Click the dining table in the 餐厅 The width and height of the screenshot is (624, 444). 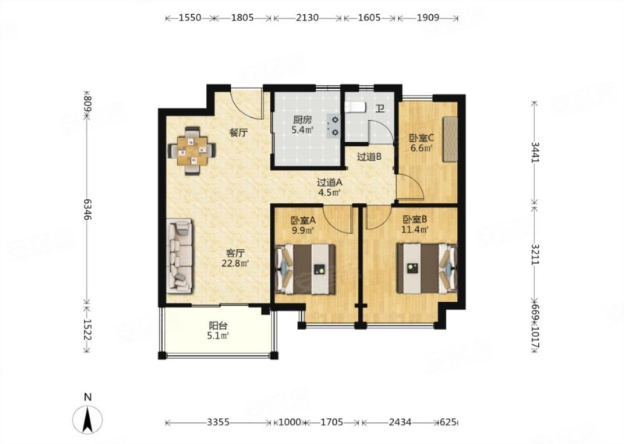(x=193, y=151)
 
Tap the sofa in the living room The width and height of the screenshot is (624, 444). (x=179, y=256)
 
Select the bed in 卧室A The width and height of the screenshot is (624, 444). (x=305, y=269)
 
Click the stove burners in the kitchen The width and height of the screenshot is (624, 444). (x=334, y=126)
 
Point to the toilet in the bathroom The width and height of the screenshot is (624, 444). (x=354, y=107)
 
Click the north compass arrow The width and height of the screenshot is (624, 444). (x=87, y=419)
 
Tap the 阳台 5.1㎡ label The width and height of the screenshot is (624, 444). (x=218, y=331)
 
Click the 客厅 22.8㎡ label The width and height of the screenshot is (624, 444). (x=236, y=258)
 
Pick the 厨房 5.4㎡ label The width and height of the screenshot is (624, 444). (x=303, y=125)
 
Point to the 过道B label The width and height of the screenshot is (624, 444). (x=369, y=157)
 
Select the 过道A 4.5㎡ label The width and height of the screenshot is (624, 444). (x=329, y=187)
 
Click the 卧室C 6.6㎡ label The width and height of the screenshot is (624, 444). (x=421, y=144)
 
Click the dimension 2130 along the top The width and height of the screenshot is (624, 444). (x=307, y=17)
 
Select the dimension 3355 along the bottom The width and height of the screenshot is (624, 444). (x=218, y=422)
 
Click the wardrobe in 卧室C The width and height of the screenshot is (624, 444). (x=451, y=139)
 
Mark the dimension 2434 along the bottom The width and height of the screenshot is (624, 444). (x=400, y=422)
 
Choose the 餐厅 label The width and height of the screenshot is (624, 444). (x=239, y=133)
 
